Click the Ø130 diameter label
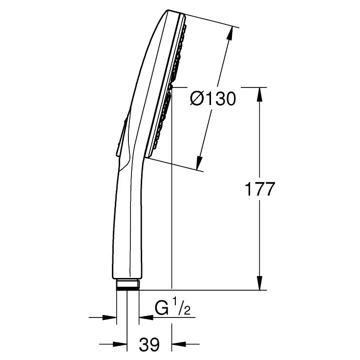[x=213, y=99]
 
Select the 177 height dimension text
[x=260, y=189]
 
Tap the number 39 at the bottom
[x=149, y=344]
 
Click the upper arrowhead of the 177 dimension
[x=260, y=94]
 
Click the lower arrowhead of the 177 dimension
[x=260, y=283]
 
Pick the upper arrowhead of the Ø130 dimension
[x=230, y=35]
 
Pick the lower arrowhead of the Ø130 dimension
[x=199, y=163]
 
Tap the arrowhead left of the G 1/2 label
[x=146, y=318]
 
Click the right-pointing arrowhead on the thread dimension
[x=109, y=318]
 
